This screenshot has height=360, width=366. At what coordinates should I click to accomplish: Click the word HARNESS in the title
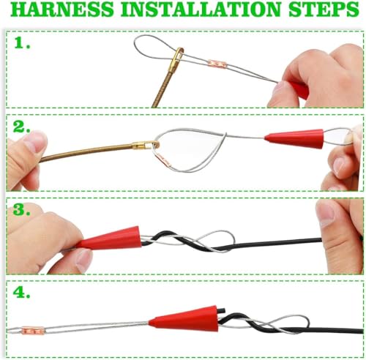62,10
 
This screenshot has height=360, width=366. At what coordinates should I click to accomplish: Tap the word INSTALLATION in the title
201,10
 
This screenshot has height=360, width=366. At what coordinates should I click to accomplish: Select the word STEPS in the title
324,10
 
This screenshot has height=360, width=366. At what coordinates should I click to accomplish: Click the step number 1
22,42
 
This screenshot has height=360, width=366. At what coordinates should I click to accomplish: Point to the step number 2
21,127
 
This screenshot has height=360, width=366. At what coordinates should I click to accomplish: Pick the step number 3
21,209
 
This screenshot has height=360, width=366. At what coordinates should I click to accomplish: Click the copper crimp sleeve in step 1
217,64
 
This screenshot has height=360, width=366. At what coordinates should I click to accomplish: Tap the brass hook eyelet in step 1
178,56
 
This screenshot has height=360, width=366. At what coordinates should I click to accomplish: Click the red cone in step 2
294,139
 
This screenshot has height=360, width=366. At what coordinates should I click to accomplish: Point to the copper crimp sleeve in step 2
163,160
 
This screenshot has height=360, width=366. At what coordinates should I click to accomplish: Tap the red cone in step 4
185,320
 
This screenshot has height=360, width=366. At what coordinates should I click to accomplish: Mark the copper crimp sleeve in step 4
33,331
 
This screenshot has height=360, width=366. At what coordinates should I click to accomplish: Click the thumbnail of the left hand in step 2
36,140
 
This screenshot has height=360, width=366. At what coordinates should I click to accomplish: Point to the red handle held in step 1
298,89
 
